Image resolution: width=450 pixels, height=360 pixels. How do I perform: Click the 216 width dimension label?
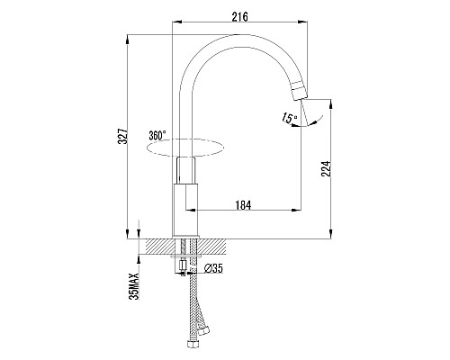tap(240, 17)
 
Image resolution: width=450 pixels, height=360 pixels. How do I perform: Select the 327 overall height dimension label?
tap(123, 137)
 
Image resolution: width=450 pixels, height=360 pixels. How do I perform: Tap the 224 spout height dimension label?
tap(326, 168)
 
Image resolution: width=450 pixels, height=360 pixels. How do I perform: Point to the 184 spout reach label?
tap(243, 205)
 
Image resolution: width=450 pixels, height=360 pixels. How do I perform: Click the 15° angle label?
tap(290, 118)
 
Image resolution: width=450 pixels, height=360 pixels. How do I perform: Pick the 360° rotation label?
tap(157, 135)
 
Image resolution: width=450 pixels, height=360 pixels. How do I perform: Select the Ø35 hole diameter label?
tap(213, 268)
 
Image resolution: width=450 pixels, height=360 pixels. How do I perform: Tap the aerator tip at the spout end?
tap(300, 90)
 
